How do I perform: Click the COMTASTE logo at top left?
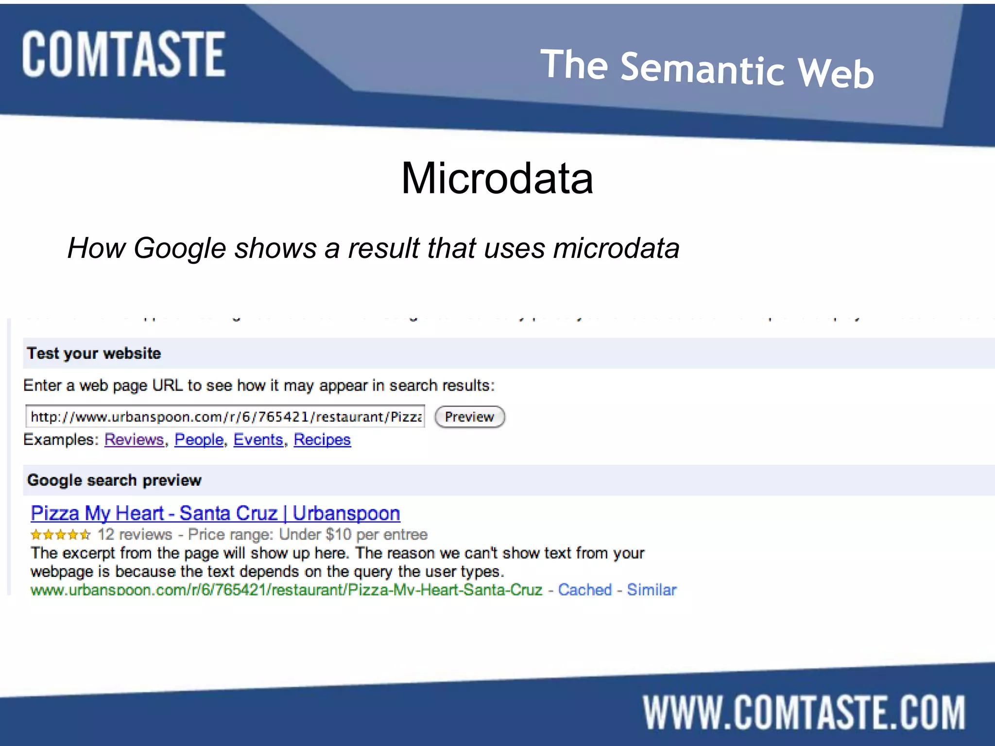pyautogui.click(x=123, y=54)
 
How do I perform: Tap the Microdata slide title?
pyautogui.click(x=497, y=178)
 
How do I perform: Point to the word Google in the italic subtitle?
pyautogui.click(x=180, y=248)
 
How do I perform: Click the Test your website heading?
pyautogui.click(x=94, y=353)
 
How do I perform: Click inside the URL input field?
pyautogui.click(x=225, y=417)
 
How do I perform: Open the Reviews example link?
pyautogui.click(x=134, y=440)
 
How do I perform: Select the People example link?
pyautogui.click(x=199, y=440)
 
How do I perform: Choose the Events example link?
pyautogui.click(x=258, y=440)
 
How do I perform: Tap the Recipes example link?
pyautogui.click(x=322, y=440)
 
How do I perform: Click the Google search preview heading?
pyautogui.click(x=114, y=480)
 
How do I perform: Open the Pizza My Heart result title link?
pyautogui.click(x=215, y=513)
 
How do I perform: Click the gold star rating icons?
pyautogui.click(x=60, y=535)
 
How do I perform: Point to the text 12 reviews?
pyautogui.click(x=135, y=535)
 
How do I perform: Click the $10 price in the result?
pyautogui.click(x=338, y=535)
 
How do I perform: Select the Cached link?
pyautogui.click(x=584, y=590)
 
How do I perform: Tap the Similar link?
pyautogui.click(x=652, y=590)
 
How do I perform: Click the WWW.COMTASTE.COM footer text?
pyautogui.click(x=804, y=712)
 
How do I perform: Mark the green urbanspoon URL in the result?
pyautogui.click(x=286, y=590)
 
